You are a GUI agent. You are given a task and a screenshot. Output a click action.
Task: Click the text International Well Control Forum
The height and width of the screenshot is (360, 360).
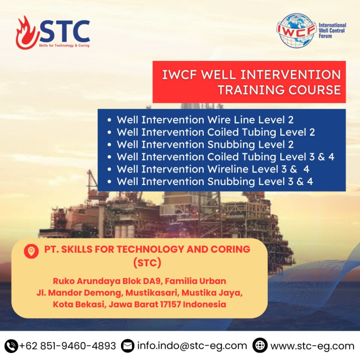pos(332,30)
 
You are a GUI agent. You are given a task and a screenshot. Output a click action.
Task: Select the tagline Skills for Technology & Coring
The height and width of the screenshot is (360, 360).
pos(64,45)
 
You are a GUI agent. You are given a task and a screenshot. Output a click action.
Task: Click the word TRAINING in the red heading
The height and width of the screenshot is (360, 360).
pos(251,90)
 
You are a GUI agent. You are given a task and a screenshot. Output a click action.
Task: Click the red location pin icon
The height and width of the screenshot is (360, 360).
pos(31,251)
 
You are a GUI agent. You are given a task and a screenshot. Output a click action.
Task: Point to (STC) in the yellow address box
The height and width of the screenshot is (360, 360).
pos(147,263)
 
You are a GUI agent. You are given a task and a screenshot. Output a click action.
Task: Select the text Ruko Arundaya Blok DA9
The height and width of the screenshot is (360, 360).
pos(108,281)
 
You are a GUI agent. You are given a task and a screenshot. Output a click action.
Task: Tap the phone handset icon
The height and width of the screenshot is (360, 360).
pos(11,346)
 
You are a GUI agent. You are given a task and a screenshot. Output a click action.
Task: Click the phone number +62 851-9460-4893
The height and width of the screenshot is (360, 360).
pos(68,346)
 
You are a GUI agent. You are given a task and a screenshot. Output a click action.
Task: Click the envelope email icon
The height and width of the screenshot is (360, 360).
pos(128,346)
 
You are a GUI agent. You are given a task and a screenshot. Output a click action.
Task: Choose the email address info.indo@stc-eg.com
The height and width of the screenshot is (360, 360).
pos(192,346)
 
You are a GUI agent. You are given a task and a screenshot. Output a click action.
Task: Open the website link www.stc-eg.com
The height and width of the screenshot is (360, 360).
pos(313,346)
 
